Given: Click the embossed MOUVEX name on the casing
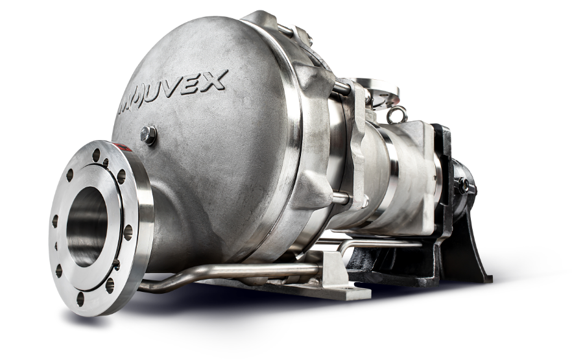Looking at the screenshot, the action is click(171, 93).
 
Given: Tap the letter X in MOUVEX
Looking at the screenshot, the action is click(215, 80).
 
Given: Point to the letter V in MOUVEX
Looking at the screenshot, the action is click(177, 89).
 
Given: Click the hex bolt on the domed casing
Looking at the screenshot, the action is click(149, 134).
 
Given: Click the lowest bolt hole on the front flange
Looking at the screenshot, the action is click(80, 299).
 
